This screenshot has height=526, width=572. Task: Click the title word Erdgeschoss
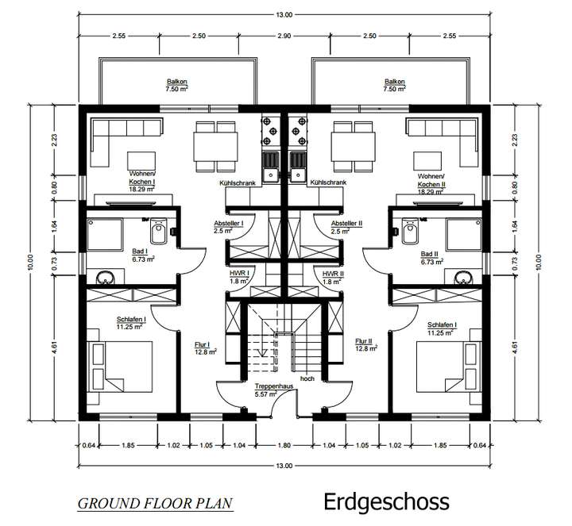[x=386, y=501]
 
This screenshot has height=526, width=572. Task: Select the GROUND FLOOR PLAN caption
[x=156, y=503]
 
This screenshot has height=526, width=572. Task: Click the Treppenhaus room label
[x=265, y=387]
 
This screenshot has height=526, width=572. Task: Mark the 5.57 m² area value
[x=265, y=394]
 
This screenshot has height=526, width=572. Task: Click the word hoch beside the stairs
[x=307, y=378]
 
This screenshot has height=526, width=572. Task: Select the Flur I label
[x=202, y=345]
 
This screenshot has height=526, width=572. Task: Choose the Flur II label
[x=365, y=342]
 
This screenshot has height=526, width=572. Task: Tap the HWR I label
[x=240, y=275]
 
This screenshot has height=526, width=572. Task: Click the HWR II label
[x=332, y=275]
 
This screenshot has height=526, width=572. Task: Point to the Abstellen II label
[x=346, y=225]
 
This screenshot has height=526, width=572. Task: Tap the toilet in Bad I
[x=160, y=232]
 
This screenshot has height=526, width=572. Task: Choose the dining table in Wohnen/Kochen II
[x=354, y=146]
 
